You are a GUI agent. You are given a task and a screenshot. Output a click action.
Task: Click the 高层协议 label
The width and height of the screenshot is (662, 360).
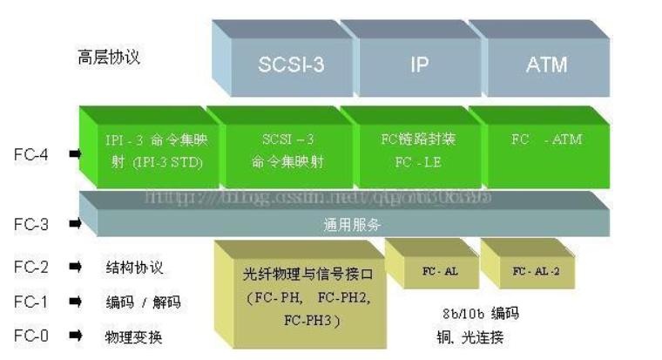[x=108, y=58]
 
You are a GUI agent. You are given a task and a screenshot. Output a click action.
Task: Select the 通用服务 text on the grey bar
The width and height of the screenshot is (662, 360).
[x=353, y=224]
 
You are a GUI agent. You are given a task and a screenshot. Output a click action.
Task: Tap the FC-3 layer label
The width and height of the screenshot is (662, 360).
[x=30, y=223]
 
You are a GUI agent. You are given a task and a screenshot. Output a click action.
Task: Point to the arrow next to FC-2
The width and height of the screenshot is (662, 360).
[x=76, y=268]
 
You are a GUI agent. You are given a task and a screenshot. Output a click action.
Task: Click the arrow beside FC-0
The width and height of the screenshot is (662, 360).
[x=76, y=336]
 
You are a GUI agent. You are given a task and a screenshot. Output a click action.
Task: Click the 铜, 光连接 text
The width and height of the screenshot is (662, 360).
[x=469, y=336]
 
